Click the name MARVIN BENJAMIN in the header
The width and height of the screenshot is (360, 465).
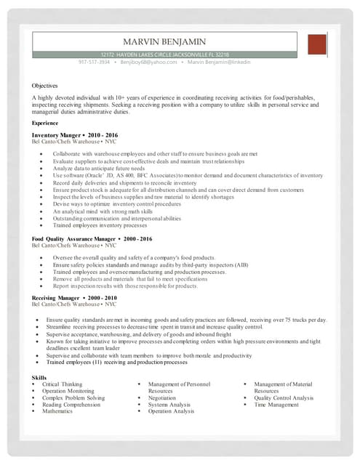coord(164,42)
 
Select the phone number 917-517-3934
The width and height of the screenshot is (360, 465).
coord(95,62)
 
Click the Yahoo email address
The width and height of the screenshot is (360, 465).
coord(148,62)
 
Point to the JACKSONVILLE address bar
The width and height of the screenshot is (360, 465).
coord(164,54)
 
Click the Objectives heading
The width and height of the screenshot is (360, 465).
coord(44,85)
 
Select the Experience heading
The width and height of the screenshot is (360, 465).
coord(45,124)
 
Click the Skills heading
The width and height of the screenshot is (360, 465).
coord(39,378)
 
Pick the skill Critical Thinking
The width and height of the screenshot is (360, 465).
coord(62,384)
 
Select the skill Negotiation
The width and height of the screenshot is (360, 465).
coord(161,398)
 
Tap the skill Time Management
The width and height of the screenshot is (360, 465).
coord(276,405)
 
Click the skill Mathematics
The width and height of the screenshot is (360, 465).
coord(57,411)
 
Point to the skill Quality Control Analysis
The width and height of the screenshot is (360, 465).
coord(284,398)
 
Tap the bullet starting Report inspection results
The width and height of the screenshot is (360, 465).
coord(124,286)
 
